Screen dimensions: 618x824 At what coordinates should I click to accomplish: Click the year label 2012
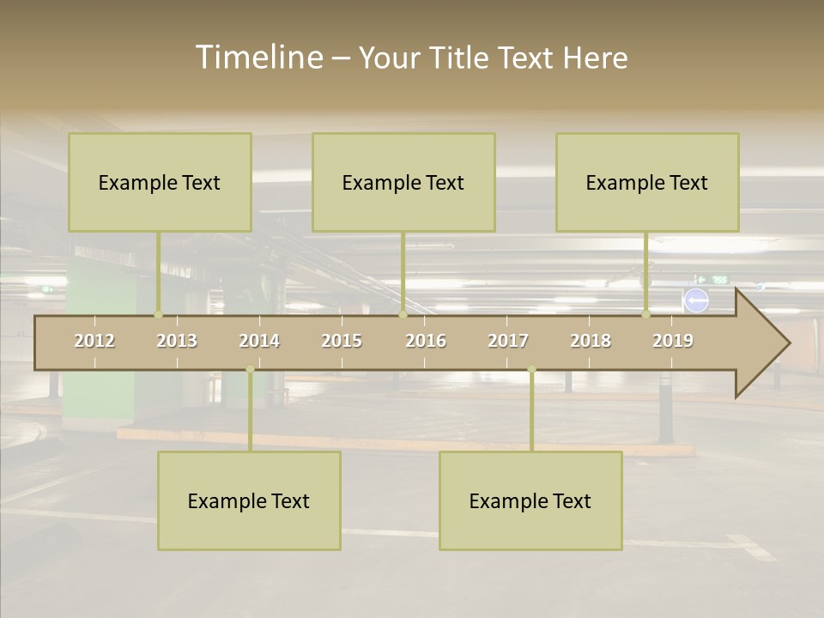coord(94,341)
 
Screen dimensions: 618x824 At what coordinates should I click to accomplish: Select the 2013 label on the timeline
coord(177,341)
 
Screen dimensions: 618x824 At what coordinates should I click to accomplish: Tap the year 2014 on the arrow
coord(259,341)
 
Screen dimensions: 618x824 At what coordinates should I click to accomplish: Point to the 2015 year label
coord(342,341)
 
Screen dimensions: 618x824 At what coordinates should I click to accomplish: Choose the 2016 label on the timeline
coord(426,341)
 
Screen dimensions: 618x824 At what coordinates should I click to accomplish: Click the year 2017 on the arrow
coord(508,341)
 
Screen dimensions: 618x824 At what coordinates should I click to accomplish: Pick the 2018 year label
coord(591,341)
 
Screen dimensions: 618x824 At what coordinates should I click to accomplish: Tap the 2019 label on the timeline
coord(673,341)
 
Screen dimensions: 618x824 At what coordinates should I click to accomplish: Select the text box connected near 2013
coord(160,182)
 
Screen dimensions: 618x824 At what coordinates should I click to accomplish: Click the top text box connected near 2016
coord(403,182)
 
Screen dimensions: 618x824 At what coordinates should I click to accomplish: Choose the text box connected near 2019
coord(647,182)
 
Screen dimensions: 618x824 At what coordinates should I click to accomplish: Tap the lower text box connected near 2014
coord(249,500)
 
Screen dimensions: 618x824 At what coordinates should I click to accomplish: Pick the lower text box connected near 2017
coord(530,500)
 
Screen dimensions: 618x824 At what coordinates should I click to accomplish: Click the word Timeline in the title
coord(258,58)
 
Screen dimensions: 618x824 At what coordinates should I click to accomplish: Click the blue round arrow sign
coord(696,300)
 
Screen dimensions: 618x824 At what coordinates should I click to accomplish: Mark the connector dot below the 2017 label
coord(531,369)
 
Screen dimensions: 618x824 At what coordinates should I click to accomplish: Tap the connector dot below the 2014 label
coord(250,369)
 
